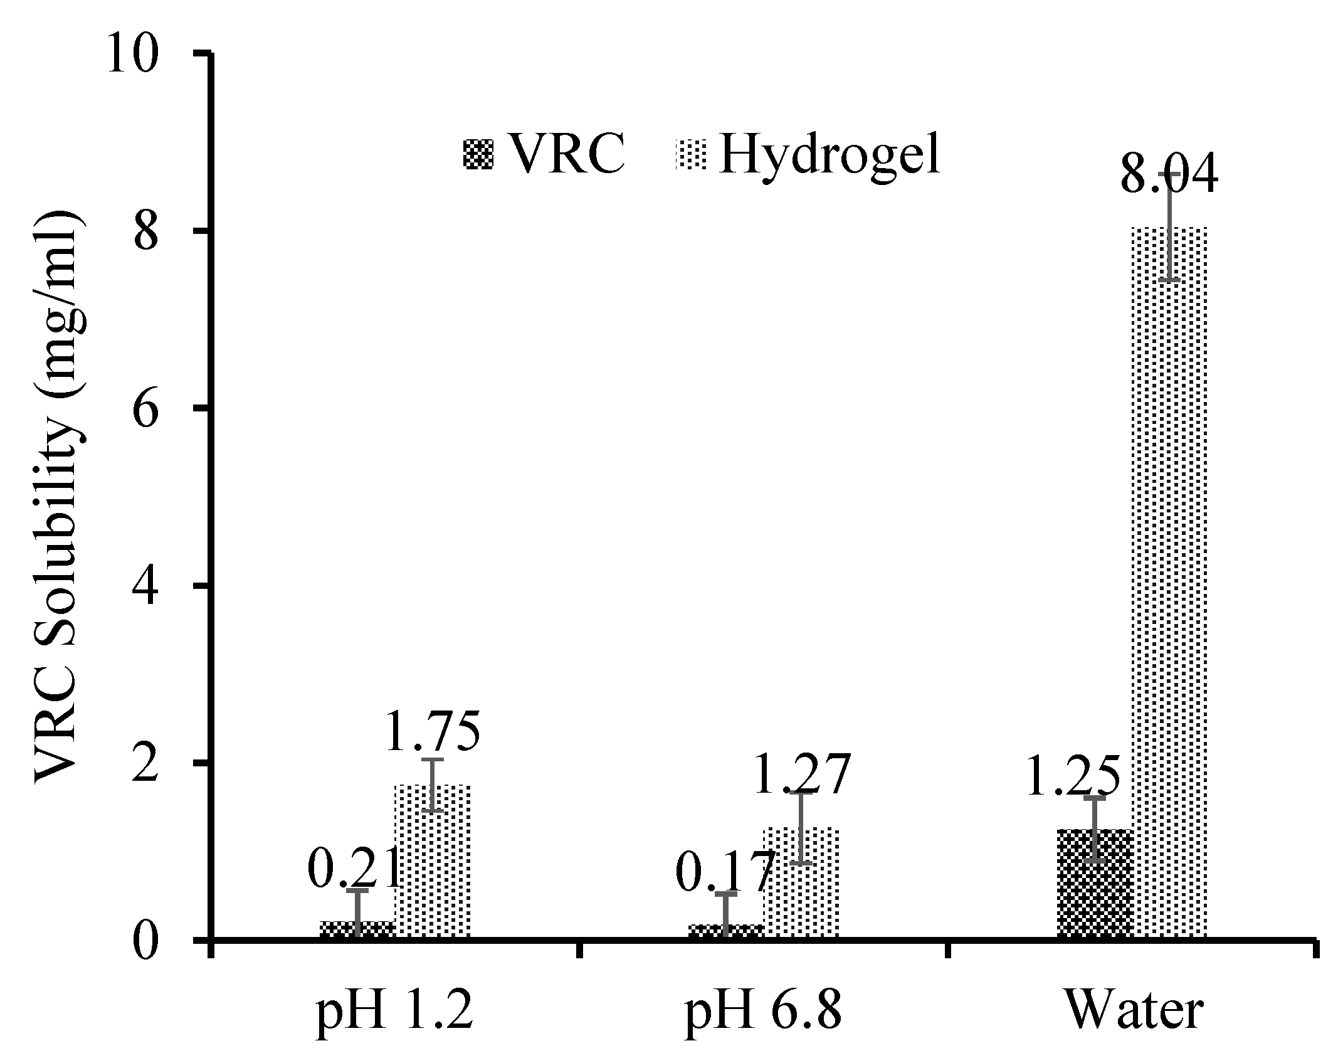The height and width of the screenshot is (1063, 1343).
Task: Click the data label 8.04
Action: tap(1168, 176)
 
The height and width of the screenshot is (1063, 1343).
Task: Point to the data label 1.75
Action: tap(432, 732)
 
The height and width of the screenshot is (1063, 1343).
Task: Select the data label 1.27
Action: tap(801, 775)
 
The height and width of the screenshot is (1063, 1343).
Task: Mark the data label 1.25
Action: tap(1072, 776)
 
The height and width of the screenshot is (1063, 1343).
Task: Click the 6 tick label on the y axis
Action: tap(144, 408)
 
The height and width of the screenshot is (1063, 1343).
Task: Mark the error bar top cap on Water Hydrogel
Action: tap(1169, 173)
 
